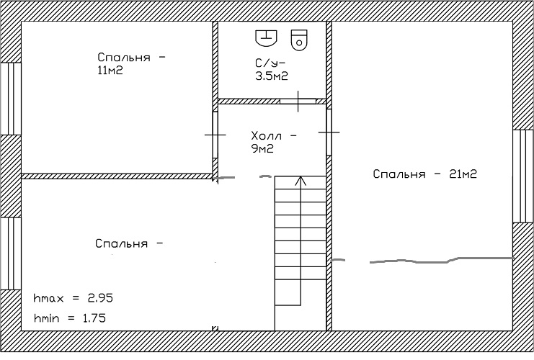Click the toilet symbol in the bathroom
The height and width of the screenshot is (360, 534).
coord(299,40)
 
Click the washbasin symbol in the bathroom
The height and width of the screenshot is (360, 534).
coord(266,37)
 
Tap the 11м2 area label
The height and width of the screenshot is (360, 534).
coord(110,71)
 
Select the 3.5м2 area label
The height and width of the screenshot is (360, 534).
coord(272,76)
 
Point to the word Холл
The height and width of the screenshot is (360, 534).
coord(267,136)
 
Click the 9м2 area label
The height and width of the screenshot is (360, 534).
coord(262,149)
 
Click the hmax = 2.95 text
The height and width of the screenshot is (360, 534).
coord(74,298)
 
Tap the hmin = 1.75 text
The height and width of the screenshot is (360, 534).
coord(70,318)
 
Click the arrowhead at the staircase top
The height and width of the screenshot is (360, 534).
coord(300,180)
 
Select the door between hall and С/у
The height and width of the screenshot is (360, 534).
coord(298,101)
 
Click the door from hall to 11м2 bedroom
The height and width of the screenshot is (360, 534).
coord(215,135)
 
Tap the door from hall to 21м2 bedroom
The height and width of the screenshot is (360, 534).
coord(329,132)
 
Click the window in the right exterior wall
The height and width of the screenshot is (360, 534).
coord(523,176)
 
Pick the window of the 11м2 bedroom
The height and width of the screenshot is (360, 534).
coord(11,99)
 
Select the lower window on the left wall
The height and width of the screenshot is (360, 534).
coord(11,253)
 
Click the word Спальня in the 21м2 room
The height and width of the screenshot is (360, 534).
coord(399,174)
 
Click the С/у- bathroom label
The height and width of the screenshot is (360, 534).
coord(270,63)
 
